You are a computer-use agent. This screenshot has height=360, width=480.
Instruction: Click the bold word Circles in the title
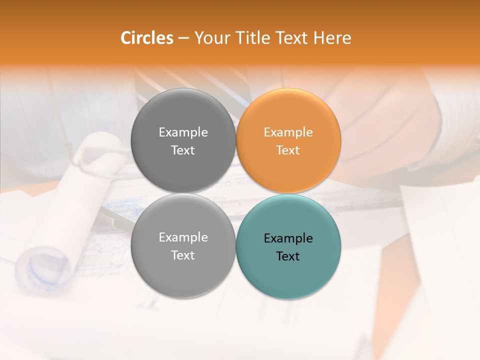pos(147,38)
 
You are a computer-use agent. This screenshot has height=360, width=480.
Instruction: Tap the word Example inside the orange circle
pos(288,132)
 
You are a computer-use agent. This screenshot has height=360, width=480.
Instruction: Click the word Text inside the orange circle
pos(288,150)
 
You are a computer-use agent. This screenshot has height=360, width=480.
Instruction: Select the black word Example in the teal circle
pos(288,238)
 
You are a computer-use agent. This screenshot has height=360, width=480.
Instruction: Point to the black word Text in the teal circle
pos(288,256)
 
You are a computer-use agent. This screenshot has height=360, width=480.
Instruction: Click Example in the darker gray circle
pos(183,132)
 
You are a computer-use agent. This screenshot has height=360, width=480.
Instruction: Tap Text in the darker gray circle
pos(183,150)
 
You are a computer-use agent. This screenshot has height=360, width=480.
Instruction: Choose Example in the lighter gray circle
pos(183,237)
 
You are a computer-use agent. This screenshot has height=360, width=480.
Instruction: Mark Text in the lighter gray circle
pos(183,255)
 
